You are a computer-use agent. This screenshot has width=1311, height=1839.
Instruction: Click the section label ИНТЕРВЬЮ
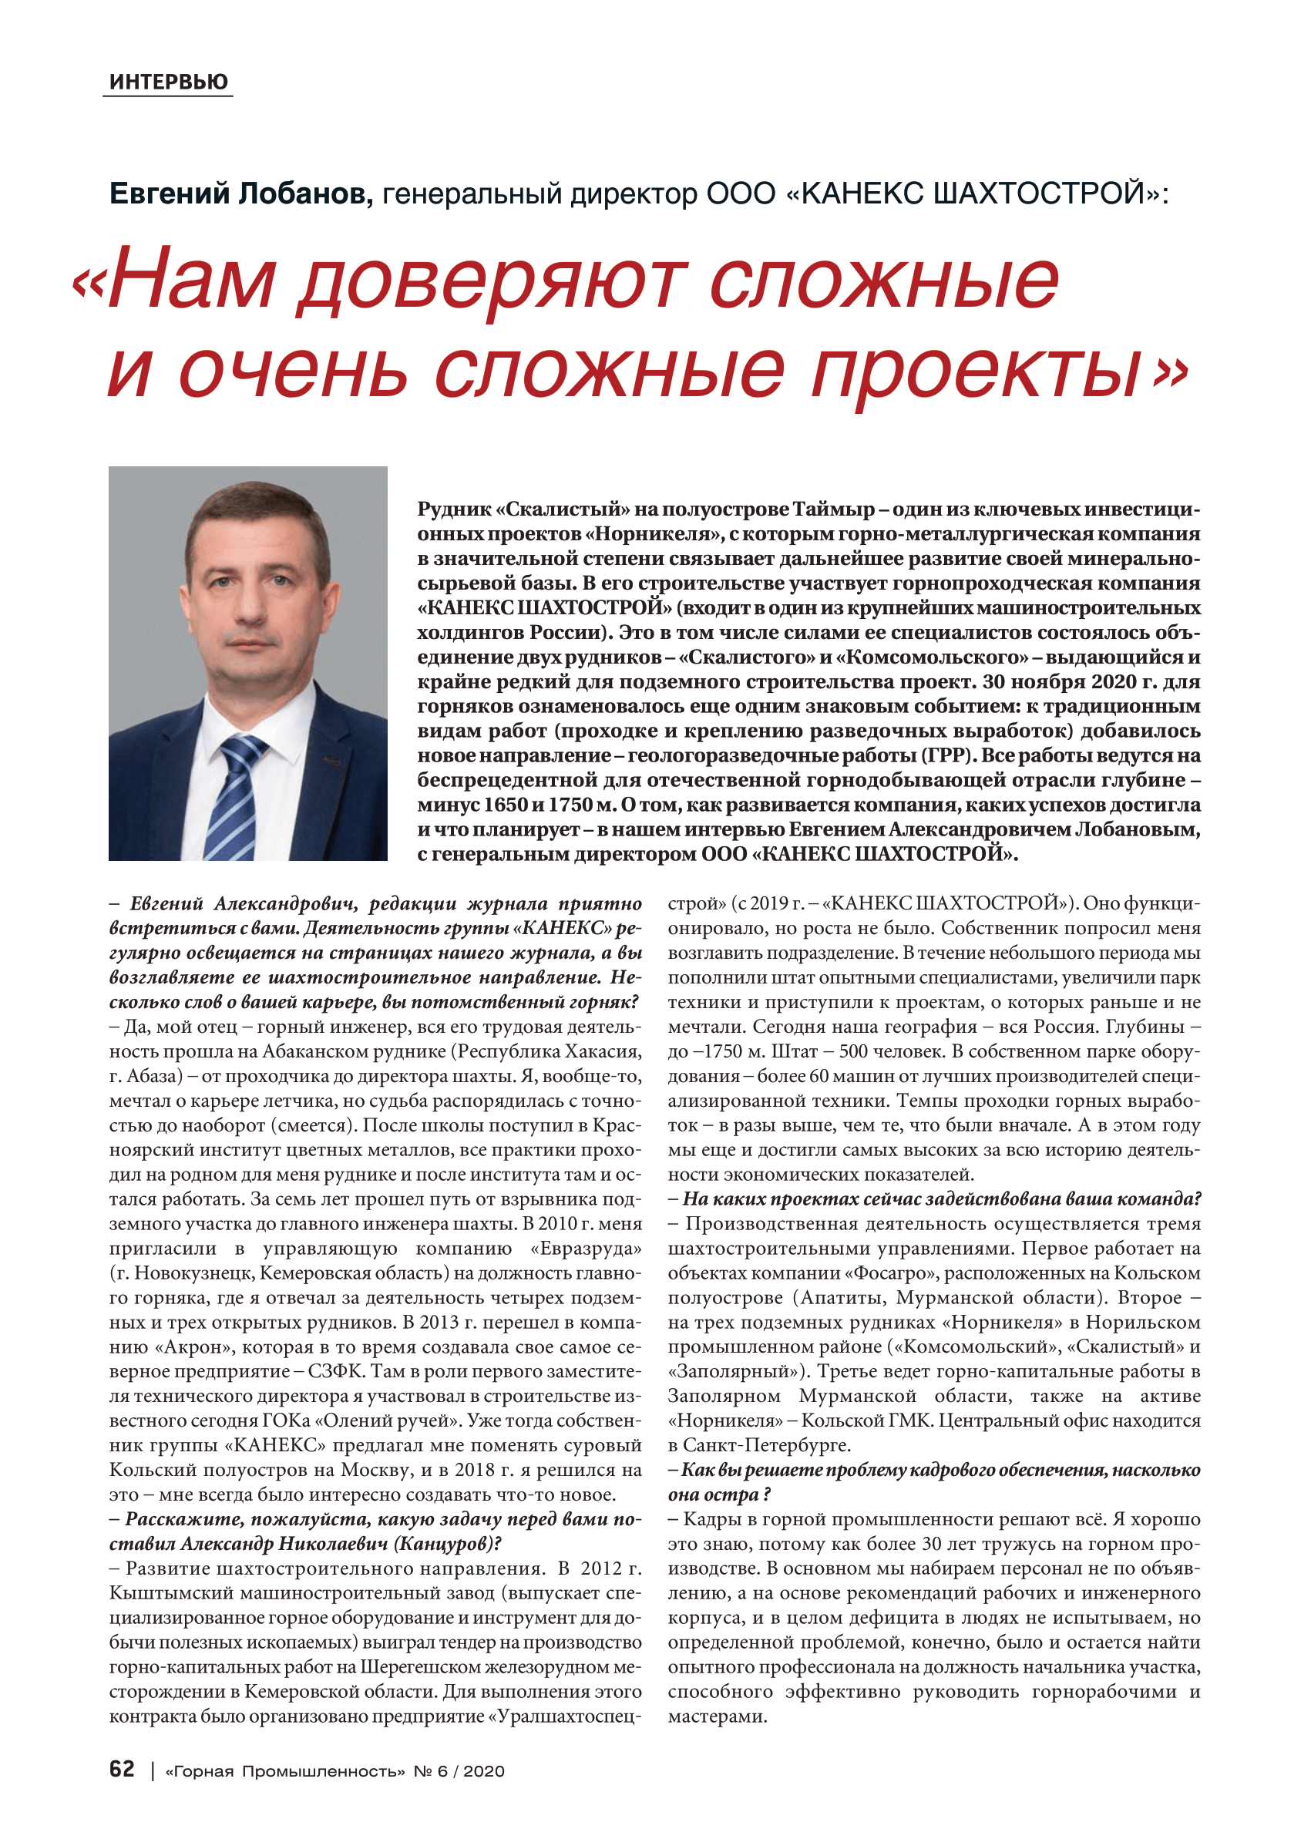(x=168, y=82)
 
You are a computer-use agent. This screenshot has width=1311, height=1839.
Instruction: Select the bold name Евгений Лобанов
(x=240, y=193)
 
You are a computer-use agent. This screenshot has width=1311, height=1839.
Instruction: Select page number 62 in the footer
(x=122, y=1769)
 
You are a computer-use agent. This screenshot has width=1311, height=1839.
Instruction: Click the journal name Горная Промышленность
(x=284, y=1771)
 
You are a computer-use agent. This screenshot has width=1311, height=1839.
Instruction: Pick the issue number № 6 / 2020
(x=459, y=1771)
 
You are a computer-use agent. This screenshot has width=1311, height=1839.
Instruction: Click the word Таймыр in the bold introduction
(x=832, y=509)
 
